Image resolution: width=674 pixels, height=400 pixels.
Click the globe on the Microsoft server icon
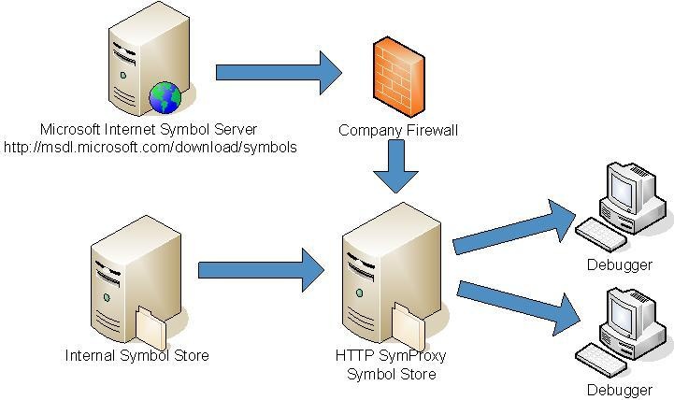click(x=165, y=97)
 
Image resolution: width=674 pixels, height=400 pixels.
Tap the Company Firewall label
click(x=398, y=130)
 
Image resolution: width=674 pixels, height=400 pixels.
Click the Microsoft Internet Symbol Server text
click(x=149, y=129)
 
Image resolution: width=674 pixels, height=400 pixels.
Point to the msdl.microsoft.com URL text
click(x=150, y=147)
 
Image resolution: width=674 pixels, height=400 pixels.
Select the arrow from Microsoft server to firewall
click(x=279, y=73)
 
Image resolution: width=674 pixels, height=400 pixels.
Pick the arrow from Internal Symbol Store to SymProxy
click(x=260, y=270)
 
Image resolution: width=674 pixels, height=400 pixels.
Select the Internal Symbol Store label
click(x=136, y=356)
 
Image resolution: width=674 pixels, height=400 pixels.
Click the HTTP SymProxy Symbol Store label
click(x=392, y=365)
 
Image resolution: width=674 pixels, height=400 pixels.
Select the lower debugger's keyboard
click(x=599, y=359)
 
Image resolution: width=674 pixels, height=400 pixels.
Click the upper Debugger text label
click(x=619, y=264)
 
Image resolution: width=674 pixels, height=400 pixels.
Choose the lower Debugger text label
click(x=619, y=390)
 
